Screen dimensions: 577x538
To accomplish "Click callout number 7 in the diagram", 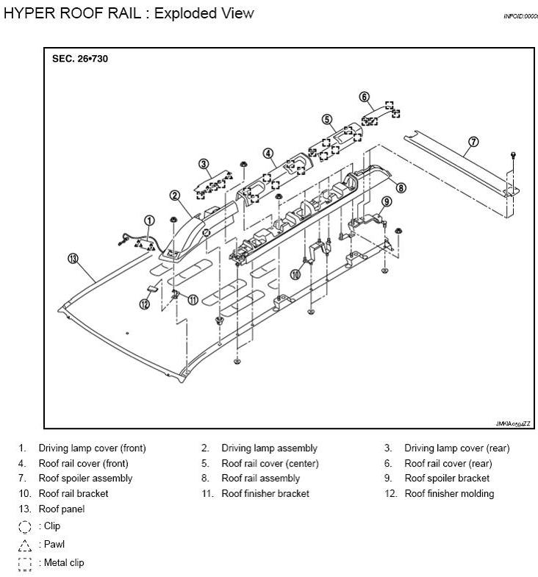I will [x=473, y=142].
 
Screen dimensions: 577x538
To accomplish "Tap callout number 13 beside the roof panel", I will [x=73, y=258].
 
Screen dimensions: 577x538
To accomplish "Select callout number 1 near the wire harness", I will [x=149, y=220].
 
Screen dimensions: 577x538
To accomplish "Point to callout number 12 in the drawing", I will [x=145, y=304].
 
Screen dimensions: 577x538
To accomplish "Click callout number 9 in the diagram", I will [x=387, y=202].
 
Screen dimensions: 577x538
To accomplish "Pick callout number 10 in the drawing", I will [x=295, y=274].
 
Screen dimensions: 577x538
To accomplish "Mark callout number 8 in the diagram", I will [x=401, y=187].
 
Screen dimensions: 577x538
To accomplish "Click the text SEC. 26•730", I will [x=80, y=59].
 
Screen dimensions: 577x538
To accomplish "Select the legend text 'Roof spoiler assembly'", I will [x=85, y=479].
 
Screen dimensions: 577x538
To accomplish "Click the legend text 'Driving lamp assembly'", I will [x=269, y=448].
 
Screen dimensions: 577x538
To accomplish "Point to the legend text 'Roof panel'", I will [x=62, y=509].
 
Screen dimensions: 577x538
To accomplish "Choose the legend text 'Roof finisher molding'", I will [x=449, y=494].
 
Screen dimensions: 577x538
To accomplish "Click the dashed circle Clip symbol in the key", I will [x=25, y=526].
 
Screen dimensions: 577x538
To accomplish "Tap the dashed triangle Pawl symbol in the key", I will [x=25, y=545].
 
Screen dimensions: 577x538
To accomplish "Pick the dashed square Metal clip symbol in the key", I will [x=25, y=564].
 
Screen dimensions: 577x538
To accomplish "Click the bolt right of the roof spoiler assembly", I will [x=513, y=155].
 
